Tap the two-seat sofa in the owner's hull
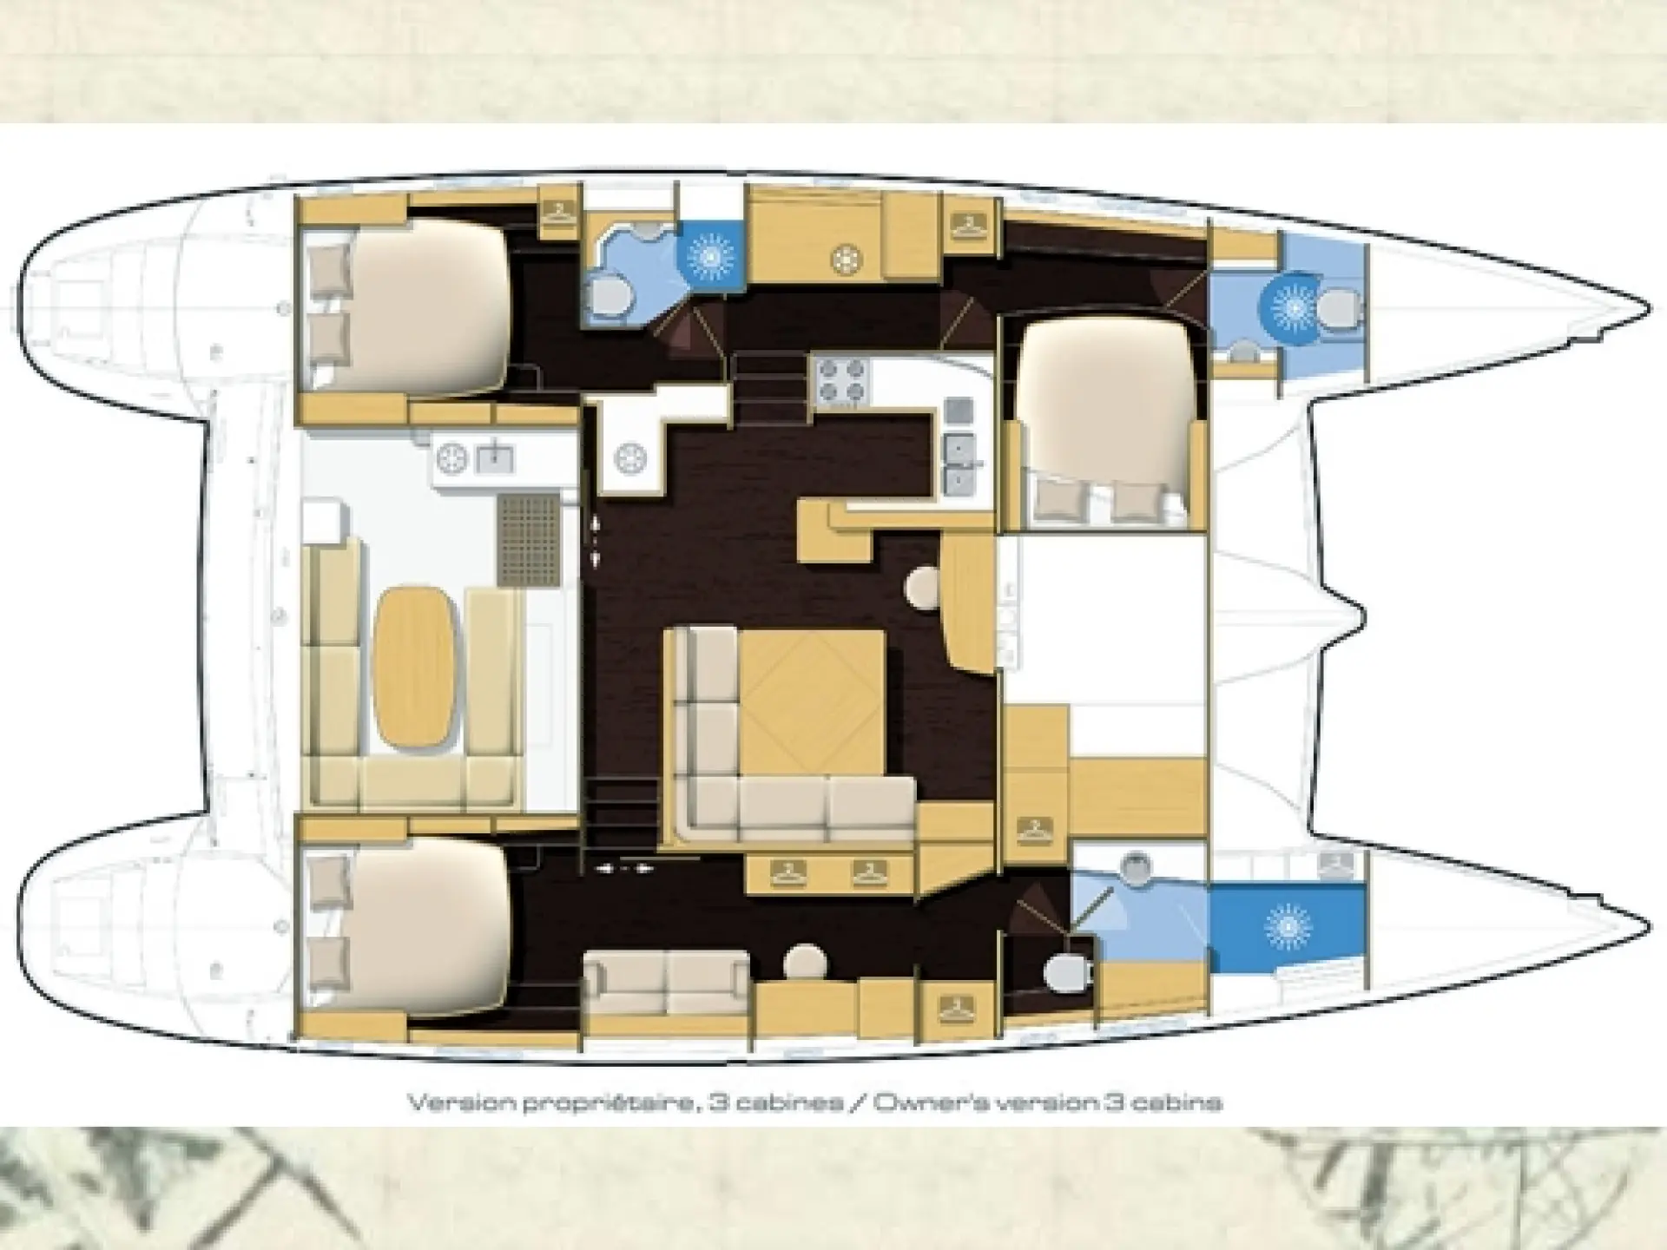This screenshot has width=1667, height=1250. click(666, 982)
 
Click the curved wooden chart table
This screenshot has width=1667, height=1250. click(966, 602)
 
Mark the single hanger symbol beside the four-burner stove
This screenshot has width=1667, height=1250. click(966, 226)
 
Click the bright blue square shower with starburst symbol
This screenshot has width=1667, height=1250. click(710, 255)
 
